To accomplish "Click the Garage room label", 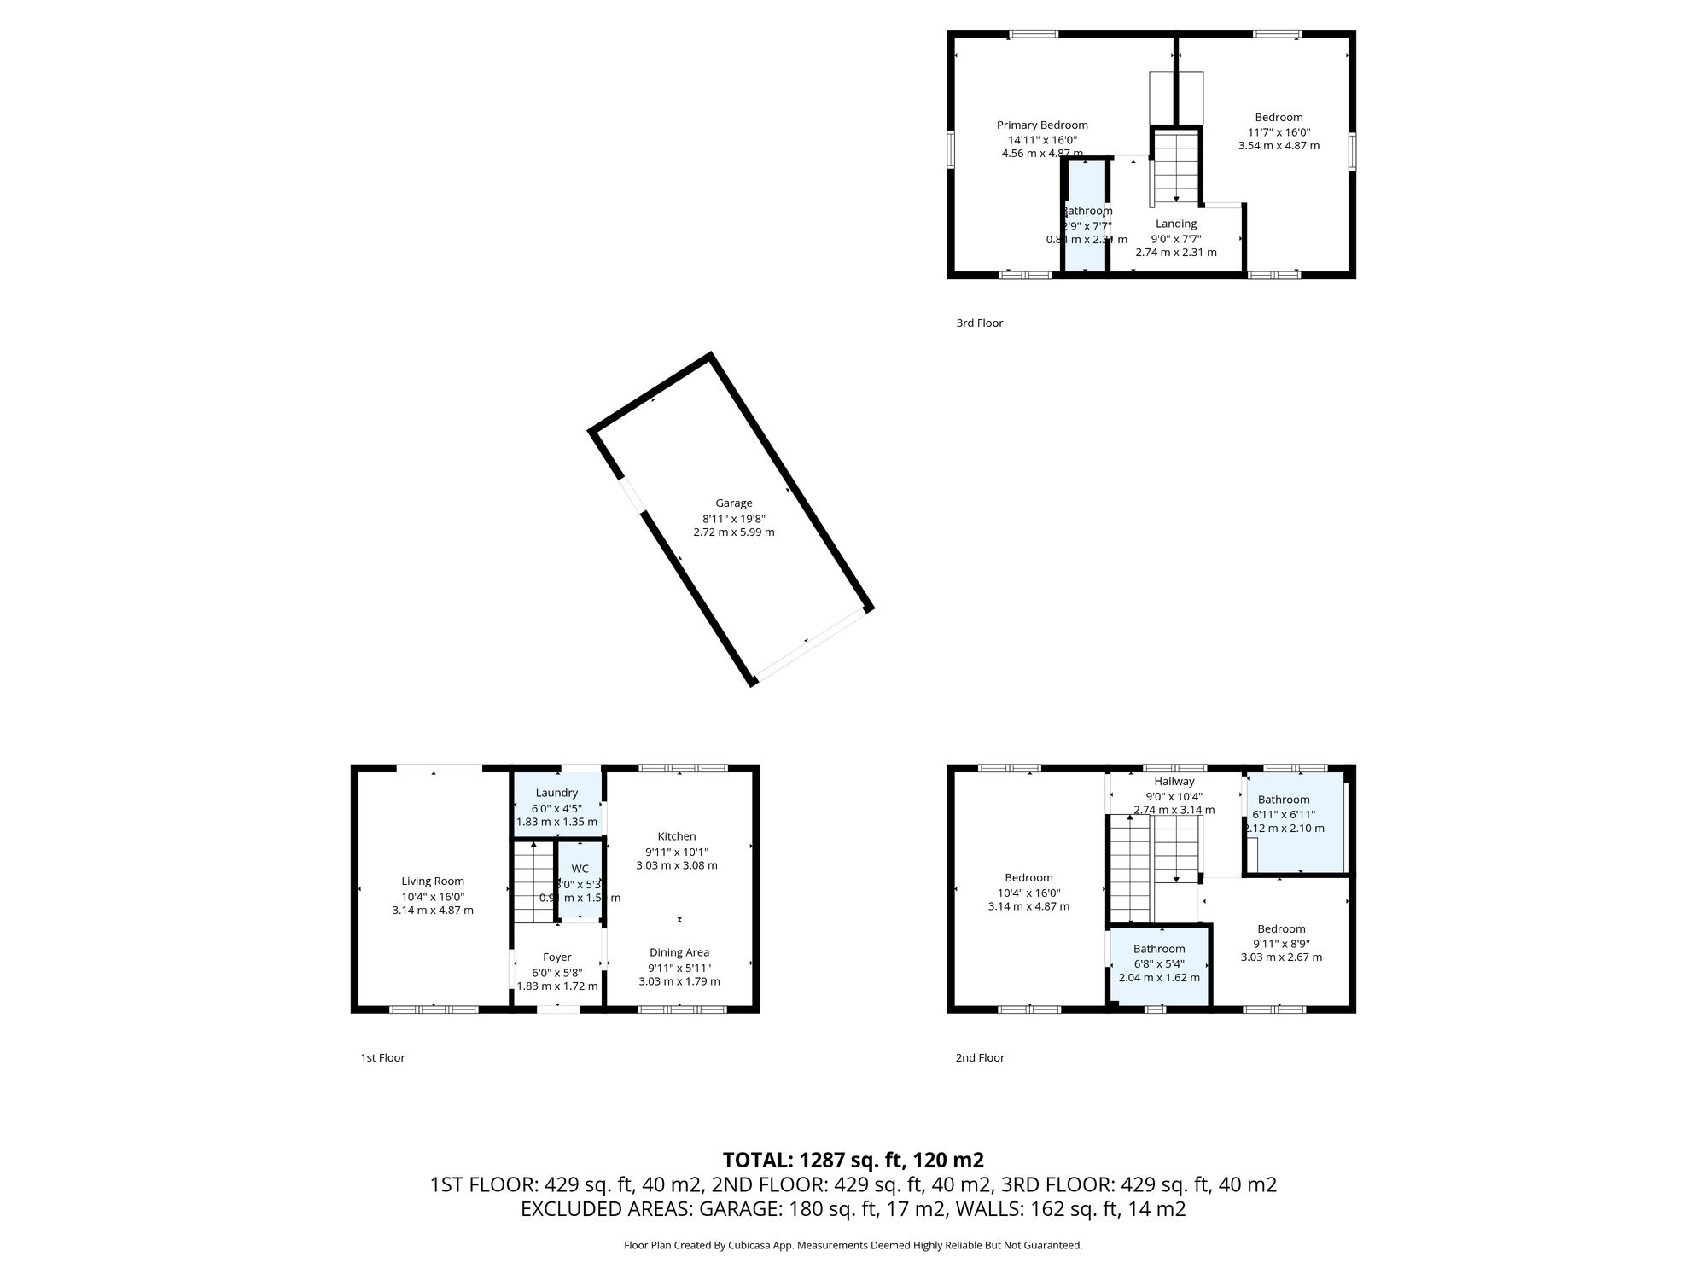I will [x=733, y=503].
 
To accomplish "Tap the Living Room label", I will [x=433, y=881].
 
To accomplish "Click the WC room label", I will [x=580, y=869].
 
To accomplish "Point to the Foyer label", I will [x=556, y=957].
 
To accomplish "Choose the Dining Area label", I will [x=679, y=952].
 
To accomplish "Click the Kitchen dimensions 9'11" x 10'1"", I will [x=677, y=852].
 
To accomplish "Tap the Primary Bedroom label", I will [x=1042, y=125].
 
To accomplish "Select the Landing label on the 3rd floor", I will [x=1176, y=224].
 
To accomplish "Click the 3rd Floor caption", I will [x=979, y=323].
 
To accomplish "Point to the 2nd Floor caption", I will [x=979, y=1058].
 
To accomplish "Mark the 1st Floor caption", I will [x=382, y=1058].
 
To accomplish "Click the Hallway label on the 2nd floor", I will [x=1174, y=782].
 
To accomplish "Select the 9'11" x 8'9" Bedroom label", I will [x=1281, y=929].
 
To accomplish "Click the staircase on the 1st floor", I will [x=533, y=883].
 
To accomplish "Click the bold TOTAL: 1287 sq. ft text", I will [x=853, y=1161].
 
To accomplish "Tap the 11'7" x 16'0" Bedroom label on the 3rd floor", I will [x=1279, y=118].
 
